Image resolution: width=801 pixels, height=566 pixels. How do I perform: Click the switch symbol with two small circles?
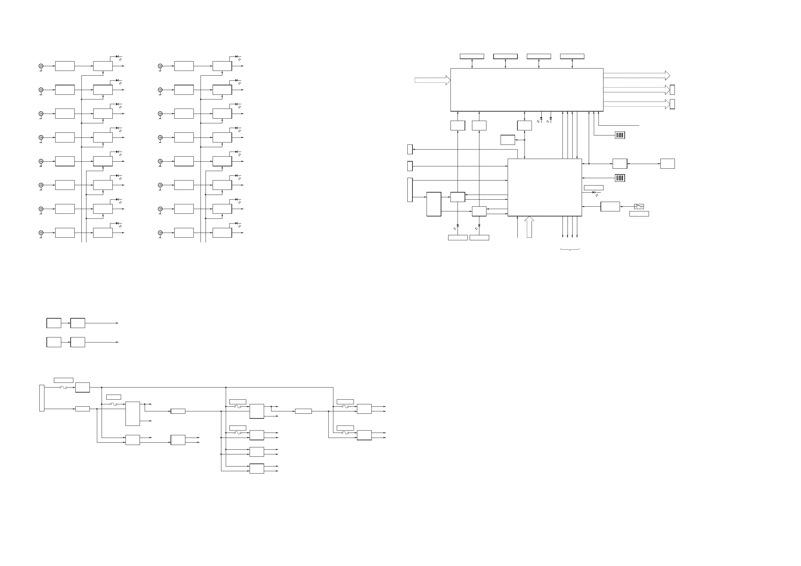639,206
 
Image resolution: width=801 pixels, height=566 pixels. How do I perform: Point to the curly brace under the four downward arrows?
570,249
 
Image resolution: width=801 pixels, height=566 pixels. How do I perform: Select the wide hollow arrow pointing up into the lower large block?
529,227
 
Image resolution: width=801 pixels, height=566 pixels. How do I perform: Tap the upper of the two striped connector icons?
620,135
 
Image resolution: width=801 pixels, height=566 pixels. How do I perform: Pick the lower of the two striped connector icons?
620,178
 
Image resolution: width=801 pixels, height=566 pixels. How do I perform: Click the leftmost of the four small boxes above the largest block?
472,56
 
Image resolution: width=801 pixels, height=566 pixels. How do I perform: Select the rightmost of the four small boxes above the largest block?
572,56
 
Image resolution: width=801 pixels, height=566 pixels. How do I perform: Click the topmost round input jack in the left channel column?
41,66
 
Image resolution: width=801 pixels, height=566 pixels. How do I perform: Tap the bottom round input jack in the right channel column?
160,233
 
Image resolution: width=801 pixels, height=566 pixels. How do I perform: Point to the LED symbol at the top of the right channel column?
236,56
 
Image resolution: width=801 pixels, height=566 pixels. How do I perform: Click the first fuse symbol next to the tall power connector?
63,387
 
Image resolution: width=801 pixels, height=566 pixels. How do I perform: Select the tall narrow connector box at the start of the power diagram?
42,398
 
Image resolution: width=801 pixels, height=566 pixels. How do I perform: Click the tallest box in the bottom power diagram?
133,414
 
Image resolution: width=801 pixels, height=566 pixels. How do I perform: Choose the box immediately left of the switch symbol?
610,206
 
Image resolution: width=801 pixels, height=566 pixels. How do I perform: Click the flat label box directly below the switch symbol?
639,214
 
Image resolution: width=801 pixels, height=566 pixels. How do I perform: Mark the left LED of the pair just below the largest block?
541,119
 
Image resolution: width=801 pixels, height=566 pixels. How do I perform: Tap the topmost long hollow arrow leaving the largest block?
637,75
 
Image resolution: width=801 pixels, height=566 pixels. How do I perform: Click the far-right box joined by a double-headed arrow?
667,163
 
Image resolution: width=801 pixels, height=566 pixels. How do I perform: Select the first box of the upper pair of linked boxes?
54,323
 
